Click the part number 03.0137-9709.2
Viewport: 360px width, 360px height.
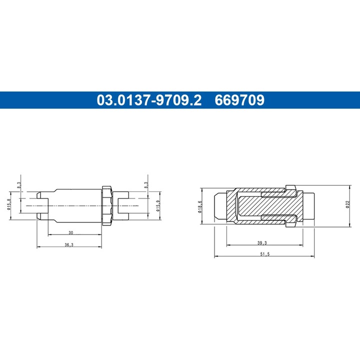click(149, 100)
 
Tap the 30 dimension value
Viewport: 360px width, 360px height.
click(70, 232)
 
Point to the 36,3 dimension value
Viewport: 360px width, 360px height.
click(69, 244)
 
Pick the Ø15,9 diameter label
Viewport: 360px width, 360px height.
click(158, 206)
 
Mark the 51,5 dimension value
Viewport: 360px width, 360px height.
click(264, 254)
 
